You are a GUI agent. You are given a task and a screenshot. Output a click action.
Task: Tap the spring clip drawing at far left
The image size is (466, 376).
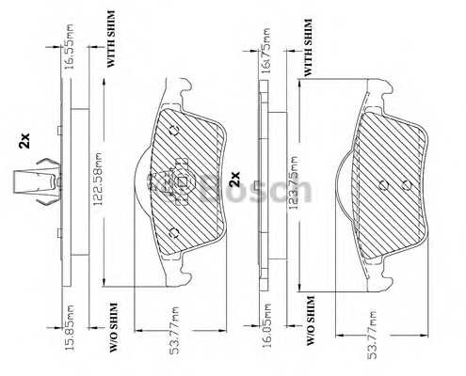click(36, 182)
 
